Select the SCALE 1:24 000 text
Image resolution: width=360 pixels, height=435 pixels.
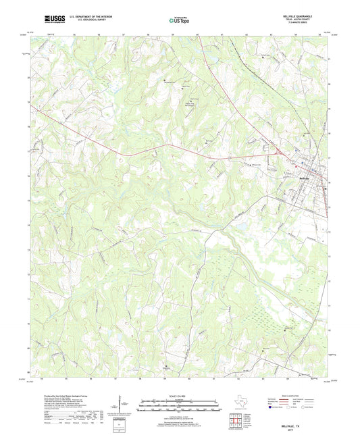pyautogui.click(x=179, y=396)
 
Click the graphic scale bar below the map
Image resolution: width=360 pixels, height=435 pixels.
pyautogui.click(x=179, y=405)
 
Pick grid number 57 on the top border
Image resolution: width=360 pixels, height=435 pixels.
pyautogui.click(x=124, y=33)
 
